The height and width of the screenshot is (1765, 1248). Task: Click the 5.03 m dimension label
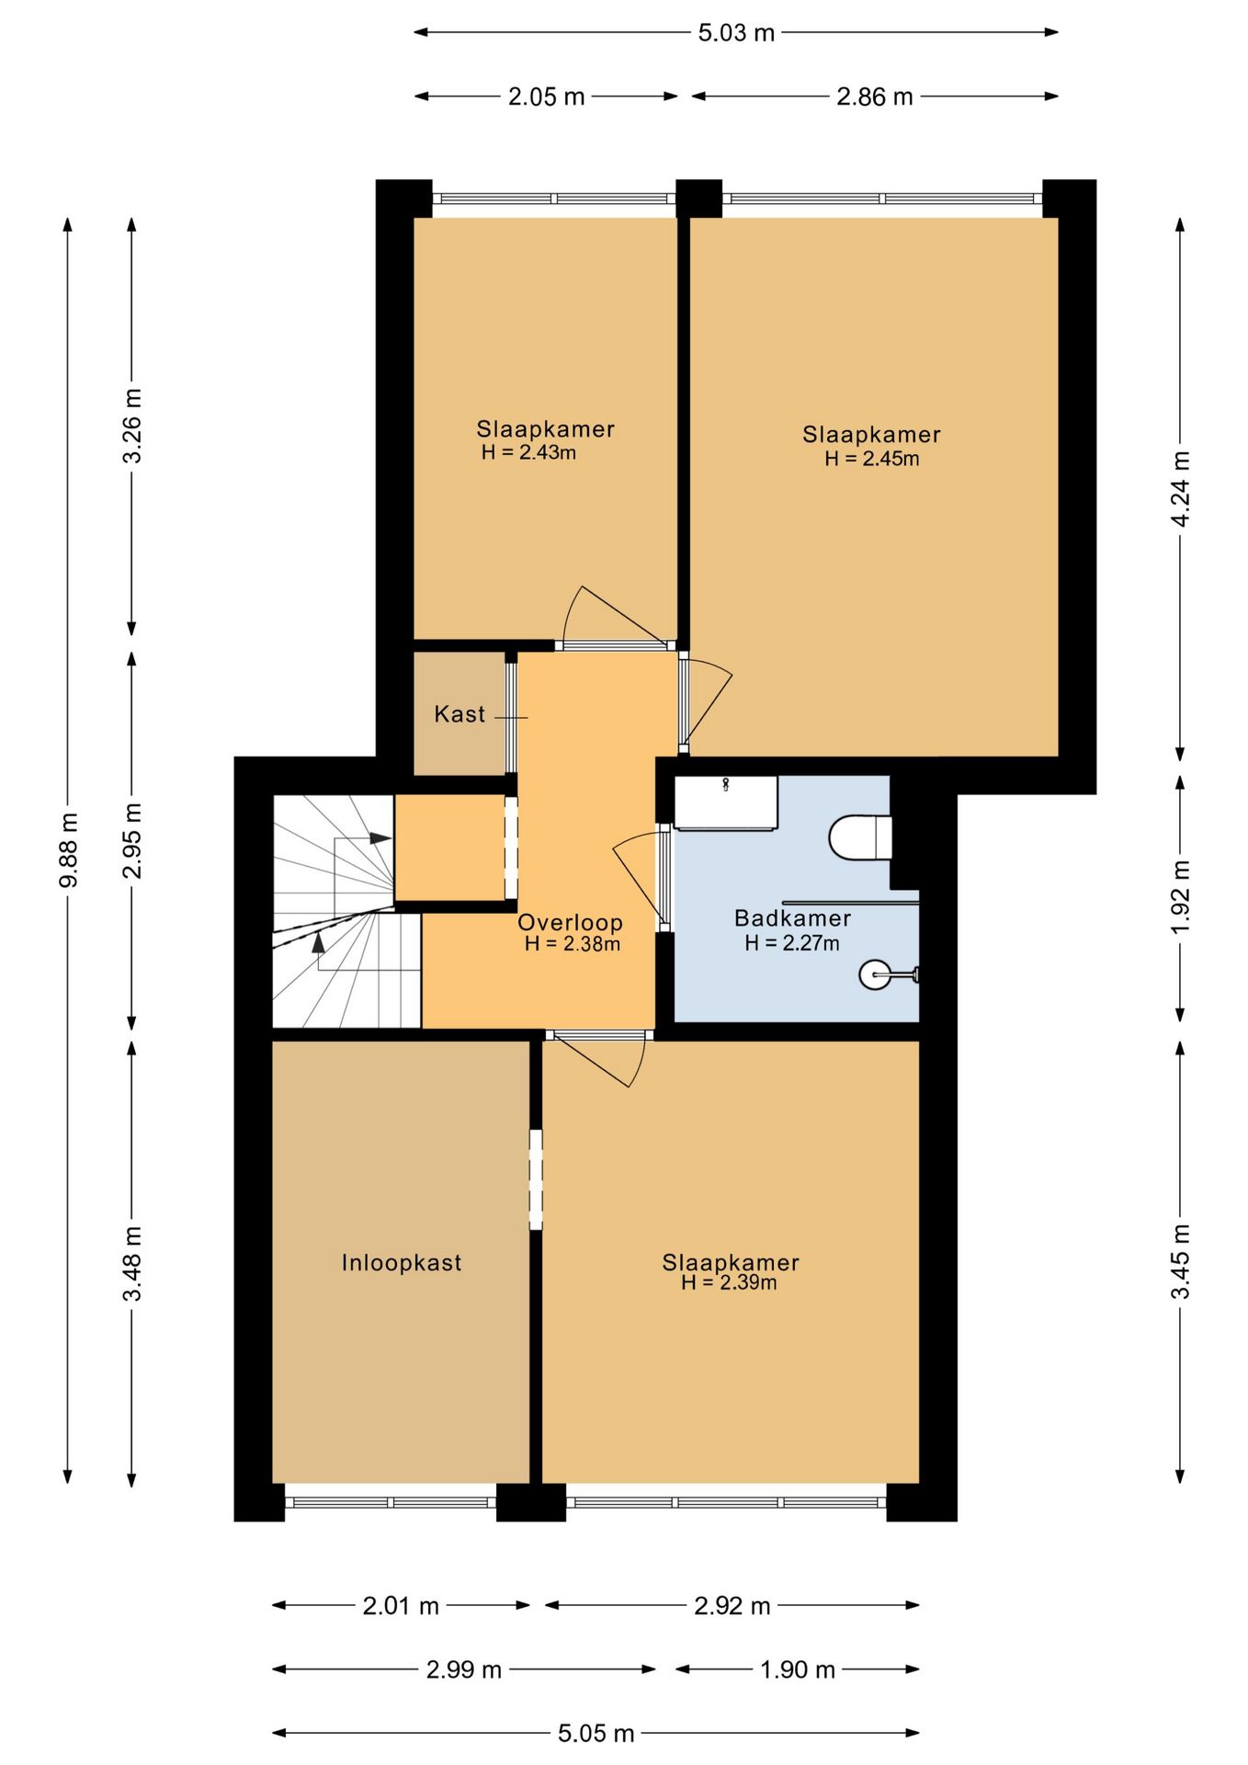(736, 33)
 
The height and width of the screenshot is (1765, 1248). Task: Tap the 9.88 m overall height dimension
(68, 850)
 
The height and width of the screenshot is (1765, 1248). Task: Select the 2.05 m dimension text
(547, 97)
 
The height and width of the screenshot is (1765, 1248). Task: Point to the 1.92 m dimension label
(1181, 896)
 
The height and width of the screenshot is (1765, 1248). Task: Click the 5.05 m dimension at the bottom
(596, 1734)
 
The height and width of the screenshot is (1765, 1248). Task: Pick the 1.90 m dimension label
(798, 1669)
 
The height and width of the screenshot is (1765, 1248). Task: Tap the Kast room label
(459, 714)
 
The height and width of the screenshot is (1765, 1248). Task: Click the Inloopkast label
(402, 1263)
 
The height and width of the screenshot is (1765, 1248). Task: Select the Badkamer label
(792, 917)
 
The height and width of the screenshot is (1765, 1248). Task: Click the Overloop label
(570, 923)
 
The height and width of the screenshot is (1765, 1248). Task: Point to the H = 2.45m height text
(871, 459)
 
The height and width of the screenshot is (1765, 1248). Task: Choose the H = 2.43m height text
(528, 452)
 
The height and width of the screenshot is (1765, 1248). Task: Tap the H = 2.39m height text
(729, 1283)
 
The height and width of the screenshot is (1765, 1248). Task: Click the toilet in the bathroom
(861, 837)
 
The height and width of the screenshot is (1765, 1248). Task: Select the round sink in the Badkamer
(875, 974)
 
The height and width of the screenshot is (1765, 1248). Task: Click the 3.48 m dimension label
(132, 1264)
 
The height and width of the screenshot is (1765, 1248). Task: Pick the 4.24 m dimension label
(1181, 489)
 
